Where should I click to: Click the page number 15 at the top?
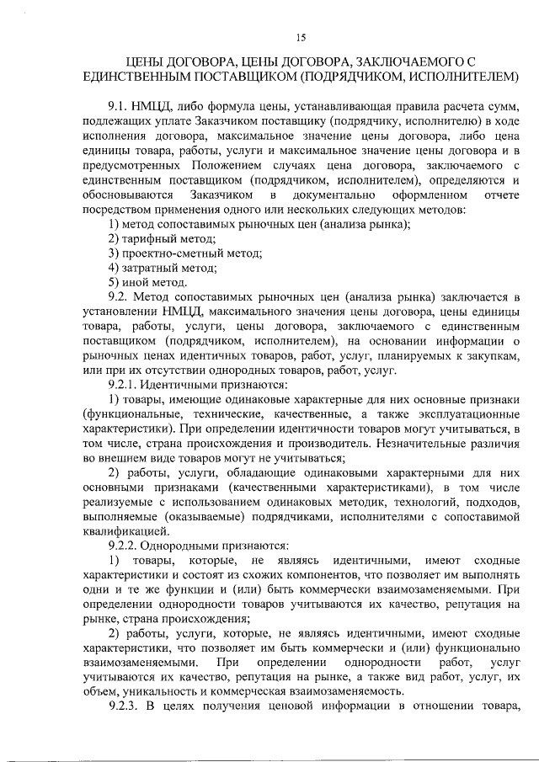coord(302,35)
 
